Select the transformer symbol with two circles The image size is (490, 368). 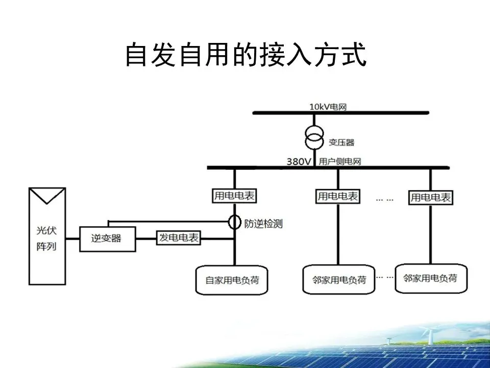(x=314, y=135)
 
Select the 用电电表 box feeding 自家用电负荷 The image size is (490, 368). (x=234, y=196)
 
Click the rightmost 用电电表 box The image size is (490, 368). (x=431, y=197)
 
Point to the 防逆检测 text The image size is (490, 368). (x=263, y=223)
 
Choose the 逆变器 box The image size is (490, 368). (x=108, y=238)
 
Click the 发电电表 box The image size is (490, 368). (x=179, y=238)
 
